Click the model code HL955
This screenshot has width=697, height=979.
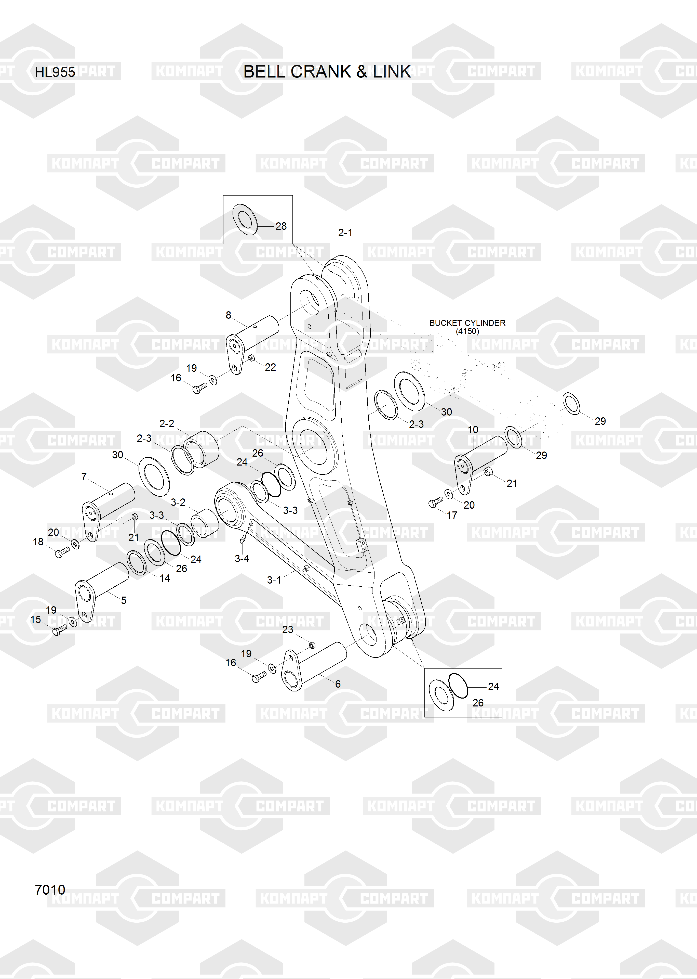click(55, 72)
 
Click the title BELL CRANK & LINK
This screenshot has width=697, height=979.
click(327, 72)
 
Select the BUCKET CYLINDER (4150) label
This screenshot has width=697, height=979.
click(467, 327)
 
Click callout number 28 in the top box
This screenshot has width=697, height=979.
click(281, 226)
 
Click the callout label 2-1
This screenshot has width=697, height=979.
click(345, 233)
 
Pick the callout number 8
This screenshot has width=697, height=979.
click(228, 315)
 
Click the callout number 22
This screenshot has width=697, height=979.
click(270, 367)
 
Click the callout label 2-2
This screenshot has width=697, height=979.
click(167, 424)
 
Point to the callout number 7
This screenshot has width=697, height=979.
click(84, 476)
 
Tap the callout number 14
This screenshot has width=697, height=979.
click(165, 578)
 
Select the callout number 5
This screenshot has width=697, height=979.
click(124, 600)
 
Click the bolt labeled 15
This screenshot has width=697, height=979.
click(59, 630)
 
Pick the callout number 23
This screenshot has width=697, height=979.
click(288, 629)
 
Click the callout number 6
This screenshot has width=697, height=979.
click(338, 684)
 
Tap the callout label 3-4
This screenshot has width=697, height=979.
click(242, 559)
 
